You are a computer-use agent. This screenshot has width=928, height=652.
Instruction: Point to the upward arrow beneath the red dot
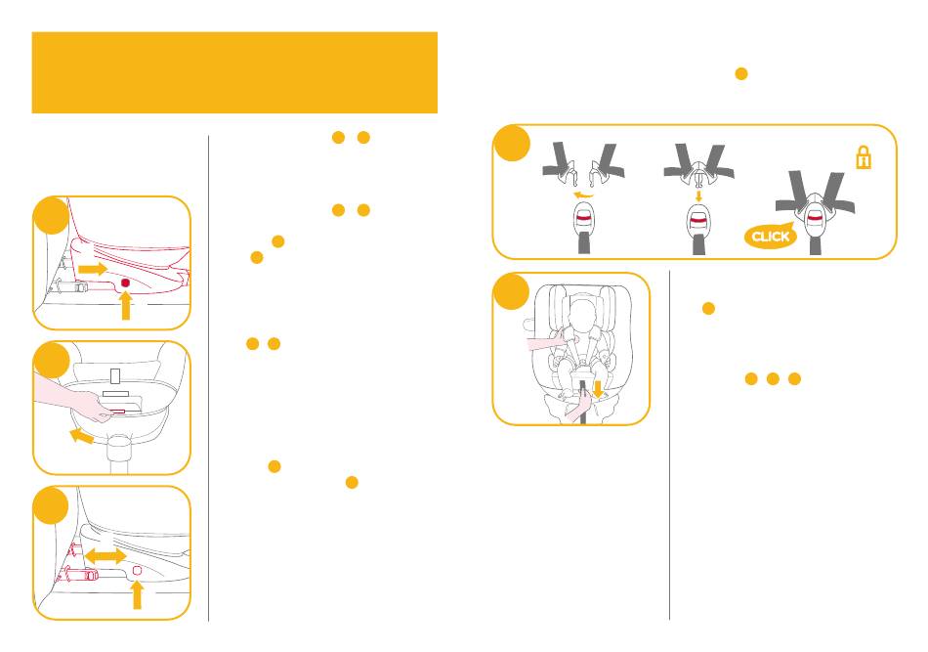click(126, 306)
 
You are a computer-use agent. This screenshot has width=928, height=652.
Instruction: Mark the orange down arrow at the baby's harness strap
click(598, 389)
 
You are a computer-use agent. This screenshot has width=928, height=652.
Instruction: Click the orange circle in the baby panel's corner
click(511, 291)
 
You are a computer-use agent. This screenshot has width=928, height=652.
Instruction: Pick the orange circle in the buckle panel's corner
click(511, 144)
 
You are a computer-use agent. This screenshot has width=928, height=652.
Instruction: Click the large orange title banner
click(234, 72)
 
